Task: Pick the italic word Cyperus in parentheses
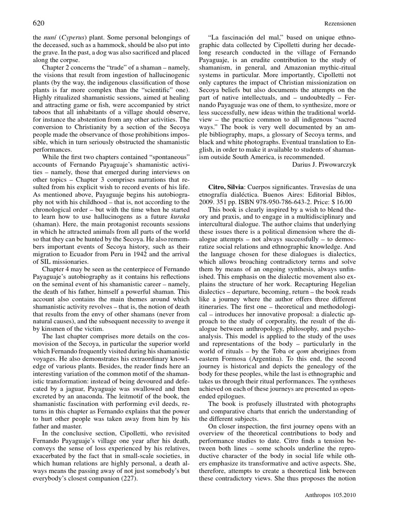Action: pyautogui.click(x=73, y=38)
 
